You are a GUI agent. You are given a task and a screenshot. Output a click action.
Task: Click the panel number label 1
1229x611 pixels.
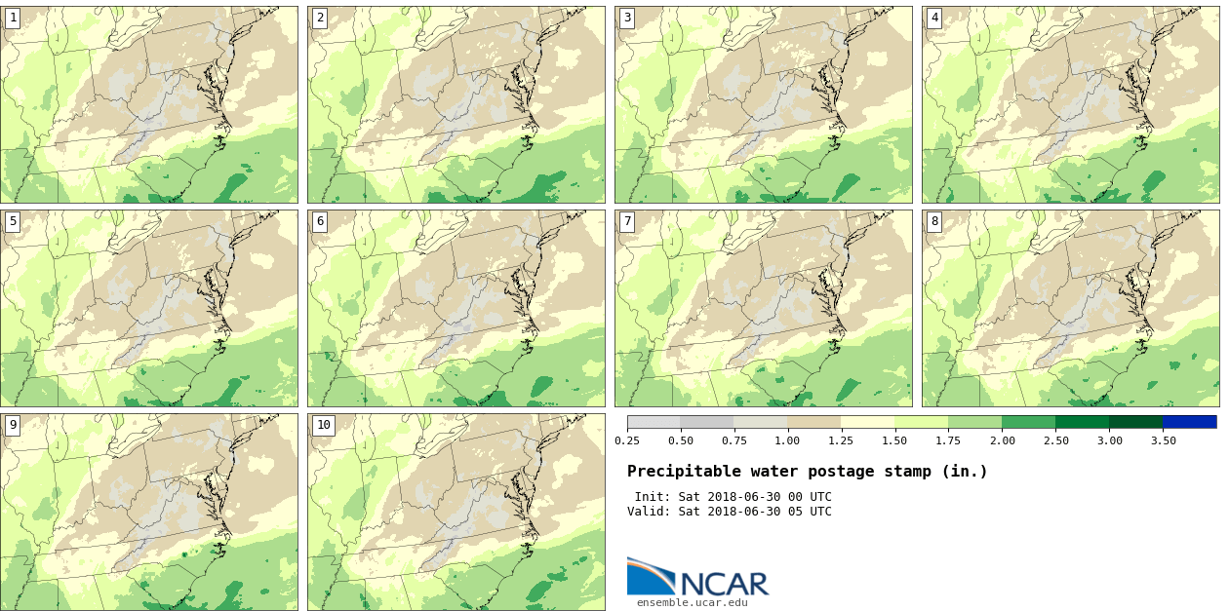(x=13, y=18)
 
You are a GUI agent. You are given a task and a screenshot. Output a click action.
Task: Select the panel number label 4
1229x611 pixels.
(x=934, y=18)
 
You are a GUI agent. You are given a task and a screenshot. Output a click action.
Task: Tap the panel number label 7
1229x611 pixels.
(x=627, y=221)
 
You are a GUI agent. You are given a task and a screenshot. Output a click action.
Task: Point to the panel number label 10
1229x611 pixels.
(x=323, y=425)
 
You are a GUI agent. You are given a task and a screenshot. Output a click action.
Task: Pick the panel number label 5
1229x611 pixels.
(x=13, y=221)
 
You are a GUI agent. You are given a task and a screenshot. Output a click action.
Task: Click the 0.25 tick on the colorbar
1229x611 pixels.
(x=627, y=440)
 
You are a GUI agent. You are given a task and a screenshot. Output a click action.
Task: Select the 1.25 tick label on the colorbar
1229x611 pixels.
(x=841, y=440)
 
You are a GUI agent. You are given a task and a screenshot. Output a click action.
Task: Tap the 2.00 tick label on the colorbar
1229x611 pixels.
(x=1002, y=440)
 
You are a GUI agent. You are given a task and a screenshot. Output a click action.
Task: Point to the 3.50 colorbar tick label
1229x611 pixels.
(x=1162, y=440)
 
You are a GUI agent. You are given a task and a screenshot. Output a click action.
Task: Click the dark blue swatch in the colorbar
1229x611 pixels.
(x=1189, y=422)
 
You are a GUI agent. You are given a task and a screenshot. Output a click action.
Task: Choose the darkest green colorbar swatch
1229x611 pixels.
(x=1135, y=422)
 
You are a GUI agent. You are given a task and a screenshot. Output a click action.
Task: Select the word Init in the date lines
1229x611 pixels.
(x=653, y=497)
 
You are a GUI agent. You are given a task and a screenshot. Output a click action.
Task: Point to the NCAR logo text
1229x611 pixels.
(x=725, y=583)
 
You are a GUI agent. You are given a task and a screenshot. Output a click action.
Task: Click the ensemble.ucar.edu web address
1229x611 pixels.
(x=692, y=602)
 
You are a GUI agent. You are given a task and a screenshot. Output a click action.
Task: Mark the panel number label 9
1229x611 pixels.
(x=13, y=425)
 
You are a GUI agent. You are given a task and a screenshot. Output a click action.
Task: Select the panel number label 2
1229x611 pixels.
(x=320, y=18)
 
